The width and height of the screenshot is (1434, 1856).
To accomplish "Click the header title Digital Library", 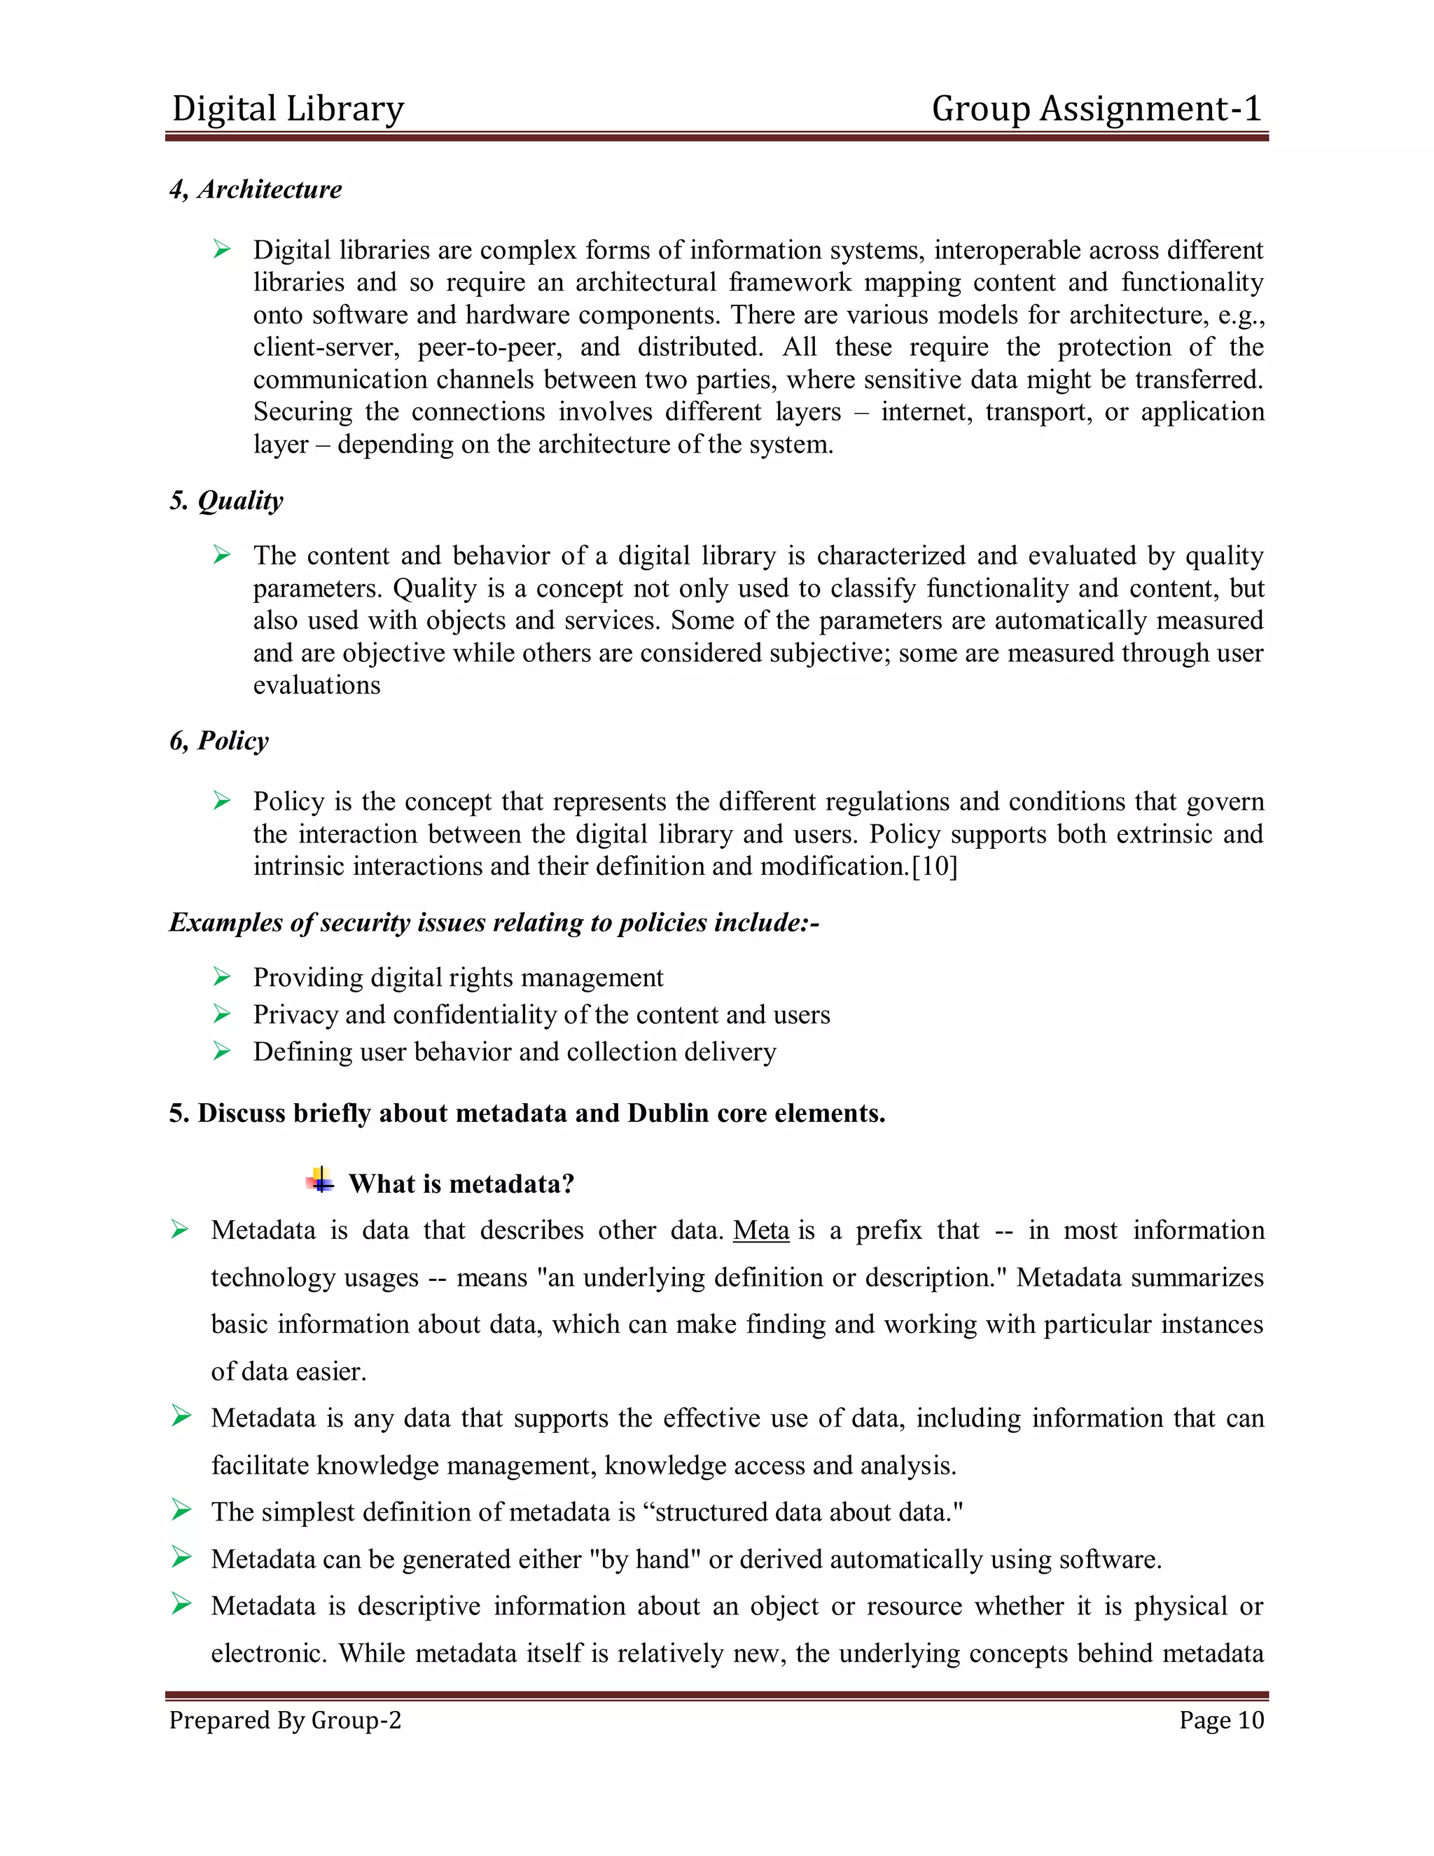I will point(287,109).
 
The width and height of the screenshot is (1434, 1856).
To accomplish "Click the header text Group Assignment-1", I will point(1096,109).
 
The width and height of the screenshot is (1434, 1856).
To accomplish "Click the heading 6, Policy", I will point(218,740).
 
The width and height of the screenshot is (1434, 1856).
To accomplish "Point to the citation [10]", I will point(935,866).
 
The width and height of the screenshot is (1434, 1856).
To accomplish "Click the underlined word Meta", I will point(761,1230).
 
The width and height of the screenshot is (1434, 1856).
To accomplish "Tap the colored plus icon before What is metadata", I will point(320,1180).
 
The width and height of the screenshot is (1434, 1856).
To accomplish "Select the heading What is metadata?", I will point(461,1184).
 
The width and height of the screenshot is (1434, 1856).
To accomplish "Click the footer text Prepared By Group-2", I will point(284,1720).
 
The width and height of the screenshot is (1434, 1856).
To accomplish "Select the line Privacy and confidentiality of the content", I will point(541,1015).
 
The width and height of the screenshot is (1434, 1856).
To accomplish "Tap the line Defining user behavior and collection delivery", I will point(514,1052).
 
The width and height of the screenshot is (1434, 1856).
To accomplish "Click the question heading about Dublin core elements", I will point(527,1114).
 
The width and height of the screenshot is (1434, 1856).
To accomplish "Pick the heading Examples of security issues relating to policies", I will point(494,922).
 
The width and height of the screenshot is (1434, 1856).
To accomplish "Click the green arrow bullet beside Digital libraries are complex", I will point(222,250).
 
